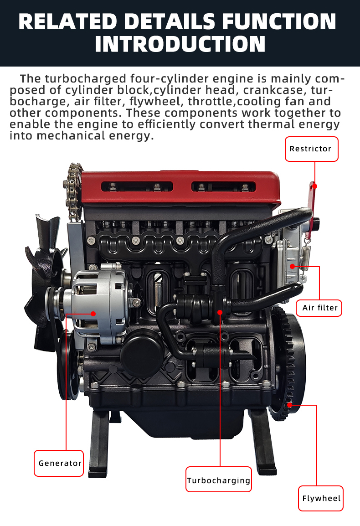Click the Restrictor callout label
312,149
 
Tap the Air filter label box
319,308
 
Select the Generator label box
59,463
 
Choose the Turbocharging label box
219,480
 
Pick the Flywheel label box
321,499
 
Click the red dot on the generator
93,314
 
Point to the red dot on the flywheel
289,405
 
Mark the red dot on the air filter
293,266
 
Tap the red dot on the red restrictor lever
315,186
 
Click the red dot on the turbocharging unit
220,312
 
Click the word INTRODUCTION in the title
180,44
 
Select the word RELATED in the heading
67,21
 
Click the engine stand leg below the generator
99,443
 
